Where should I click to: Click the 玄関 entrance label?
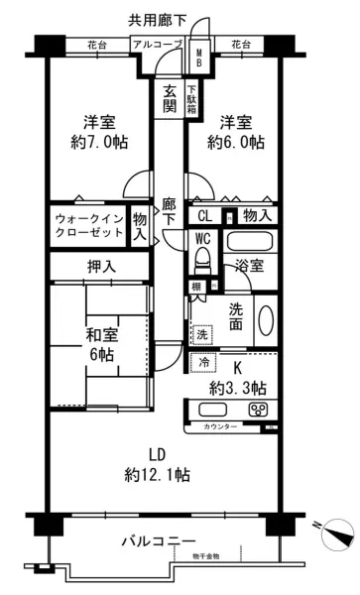click(171, 97)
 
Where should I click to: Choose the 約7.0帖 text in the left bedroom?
click(98, 142)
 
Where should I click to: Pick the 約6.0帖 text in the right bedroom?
click(236, 142)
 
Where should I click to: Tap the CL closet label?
click(204, 215)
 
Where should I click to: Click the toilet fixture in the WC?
click(204, 258)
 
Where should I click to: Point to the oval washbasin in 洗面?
click(265, 320)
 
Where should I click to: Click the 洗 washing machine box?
click(202, 333)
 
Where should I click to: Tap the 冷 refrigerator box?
click(202, 362)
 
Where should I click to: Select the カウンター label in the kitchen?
click(220, 426)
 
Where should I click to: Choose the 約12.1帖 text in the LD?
click(158, 474)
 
